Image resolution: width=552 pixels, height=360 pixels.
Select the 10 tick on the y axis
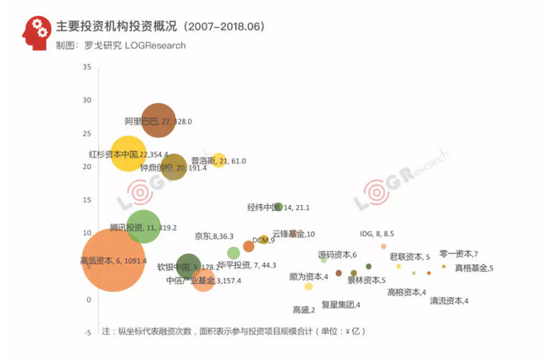[x=87, y=232]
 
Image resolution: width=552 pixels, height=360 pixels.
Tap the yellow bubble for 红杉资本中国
[x=129, y=154]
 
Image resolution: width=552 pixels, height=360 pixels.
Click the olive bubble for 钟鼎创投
[x=173, y=168]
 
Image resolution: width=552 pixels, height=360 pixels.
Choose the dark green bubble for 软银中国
[x=189, y=265]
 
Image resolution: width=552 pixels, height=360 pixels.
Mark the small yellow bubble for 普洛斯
[x=218, y=160]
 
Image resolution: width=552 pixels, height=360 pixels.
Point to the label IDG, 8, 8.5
[x=376, y=234]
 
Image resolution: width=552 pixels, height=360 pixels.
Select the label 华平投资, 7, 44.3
[x=246, y=265]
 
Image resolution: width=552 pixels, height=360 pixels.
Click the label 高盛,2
[x=303, y=310]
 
